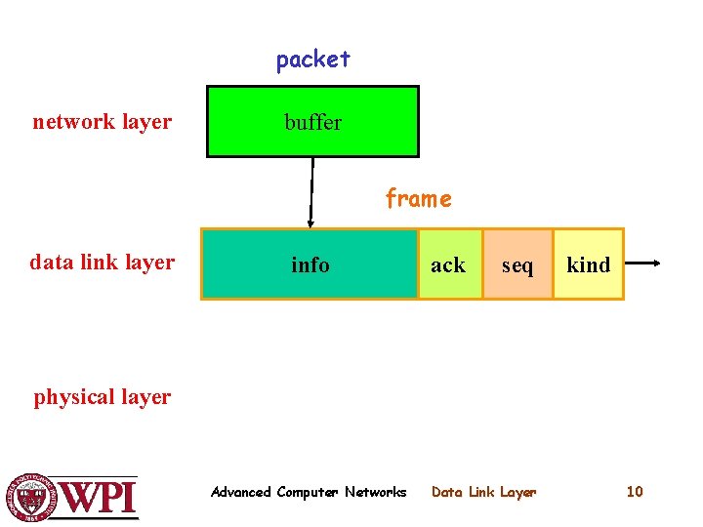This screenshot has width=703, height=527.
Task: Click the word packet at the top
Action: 312,60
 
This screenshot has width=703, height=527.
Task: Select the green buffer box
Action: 371,137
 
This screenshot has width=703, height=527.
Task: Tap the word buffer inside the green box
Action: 312,122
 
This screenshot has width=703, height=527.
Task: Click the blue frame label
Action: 418,199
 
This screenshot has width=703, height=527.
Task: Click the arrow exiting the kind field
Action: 644,263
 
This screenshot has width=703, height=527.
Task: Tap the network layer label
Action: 102,122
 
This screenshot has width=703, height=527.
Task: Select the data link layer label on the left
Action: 102,262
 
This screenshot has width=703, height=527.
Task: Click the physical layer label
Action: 102,397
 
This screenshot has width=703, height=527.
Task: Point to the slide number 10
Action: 635,492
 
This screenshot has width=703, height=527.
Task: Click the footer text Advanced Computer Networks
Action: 309,492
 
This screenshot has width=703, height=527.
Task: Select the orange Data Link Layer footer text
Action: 483,492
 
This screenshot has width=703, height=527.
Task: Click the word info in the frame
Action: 310,264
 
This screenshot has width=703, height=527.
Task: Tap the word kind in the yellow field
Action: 588,265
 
